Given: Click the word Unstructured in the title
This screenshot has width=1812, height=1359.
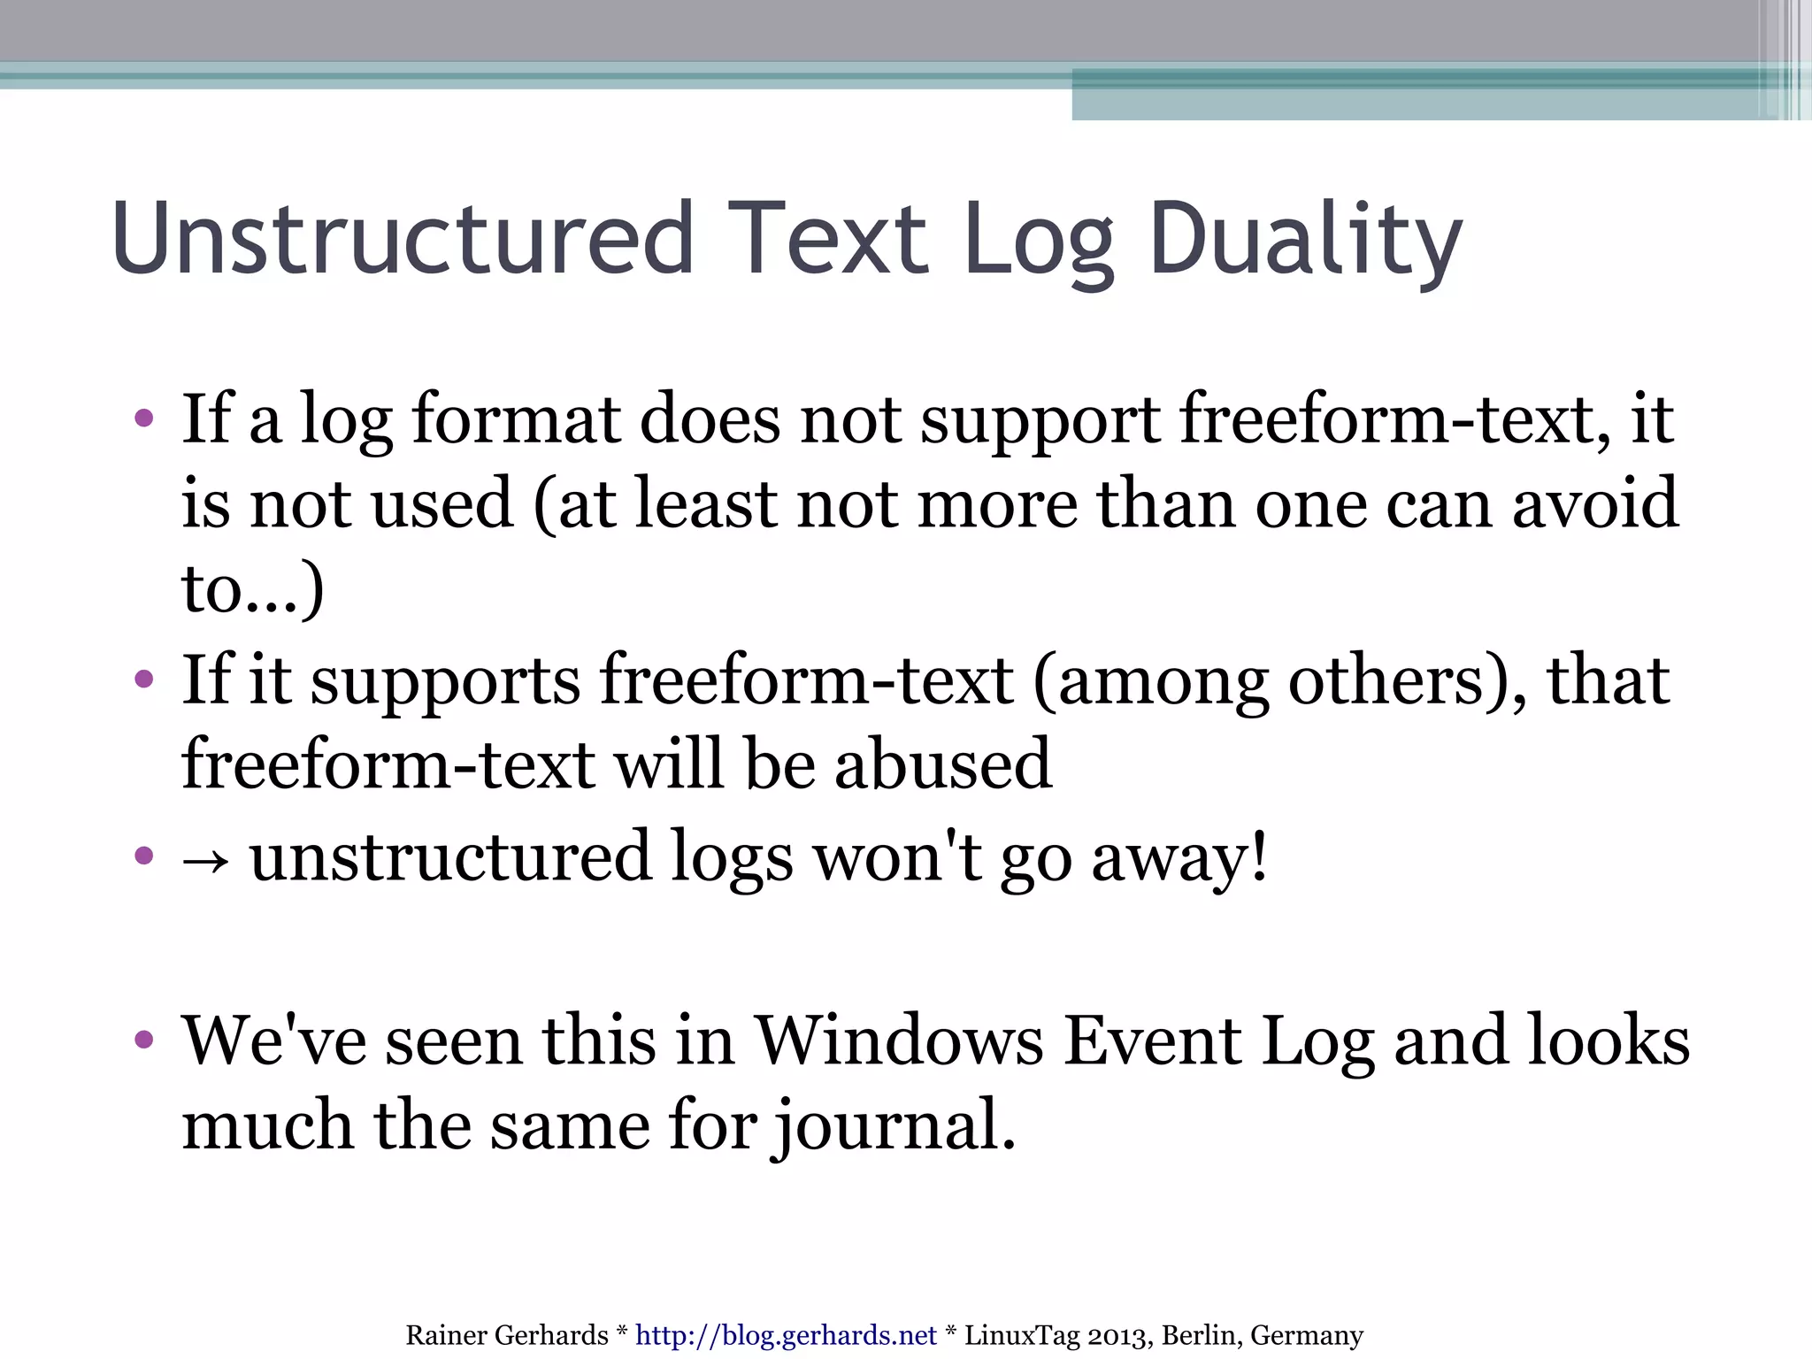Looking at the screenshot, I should pos(403,239).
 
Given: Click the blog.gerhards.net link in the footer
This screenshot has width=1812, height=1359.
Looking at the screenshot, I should pos(786,1334).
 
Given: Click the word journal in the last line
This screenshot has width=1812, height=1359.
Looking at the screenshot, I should pos(894,1125).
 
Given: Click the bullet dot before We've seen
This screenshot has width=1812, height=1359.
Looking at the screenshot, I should pos(144,1040).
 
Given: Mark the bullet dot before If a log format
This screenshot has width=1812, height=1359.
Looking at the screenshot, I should pos(144,418).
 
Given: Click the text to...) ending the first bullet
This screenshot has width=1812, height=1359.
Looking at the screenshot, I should pos(252,588).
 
